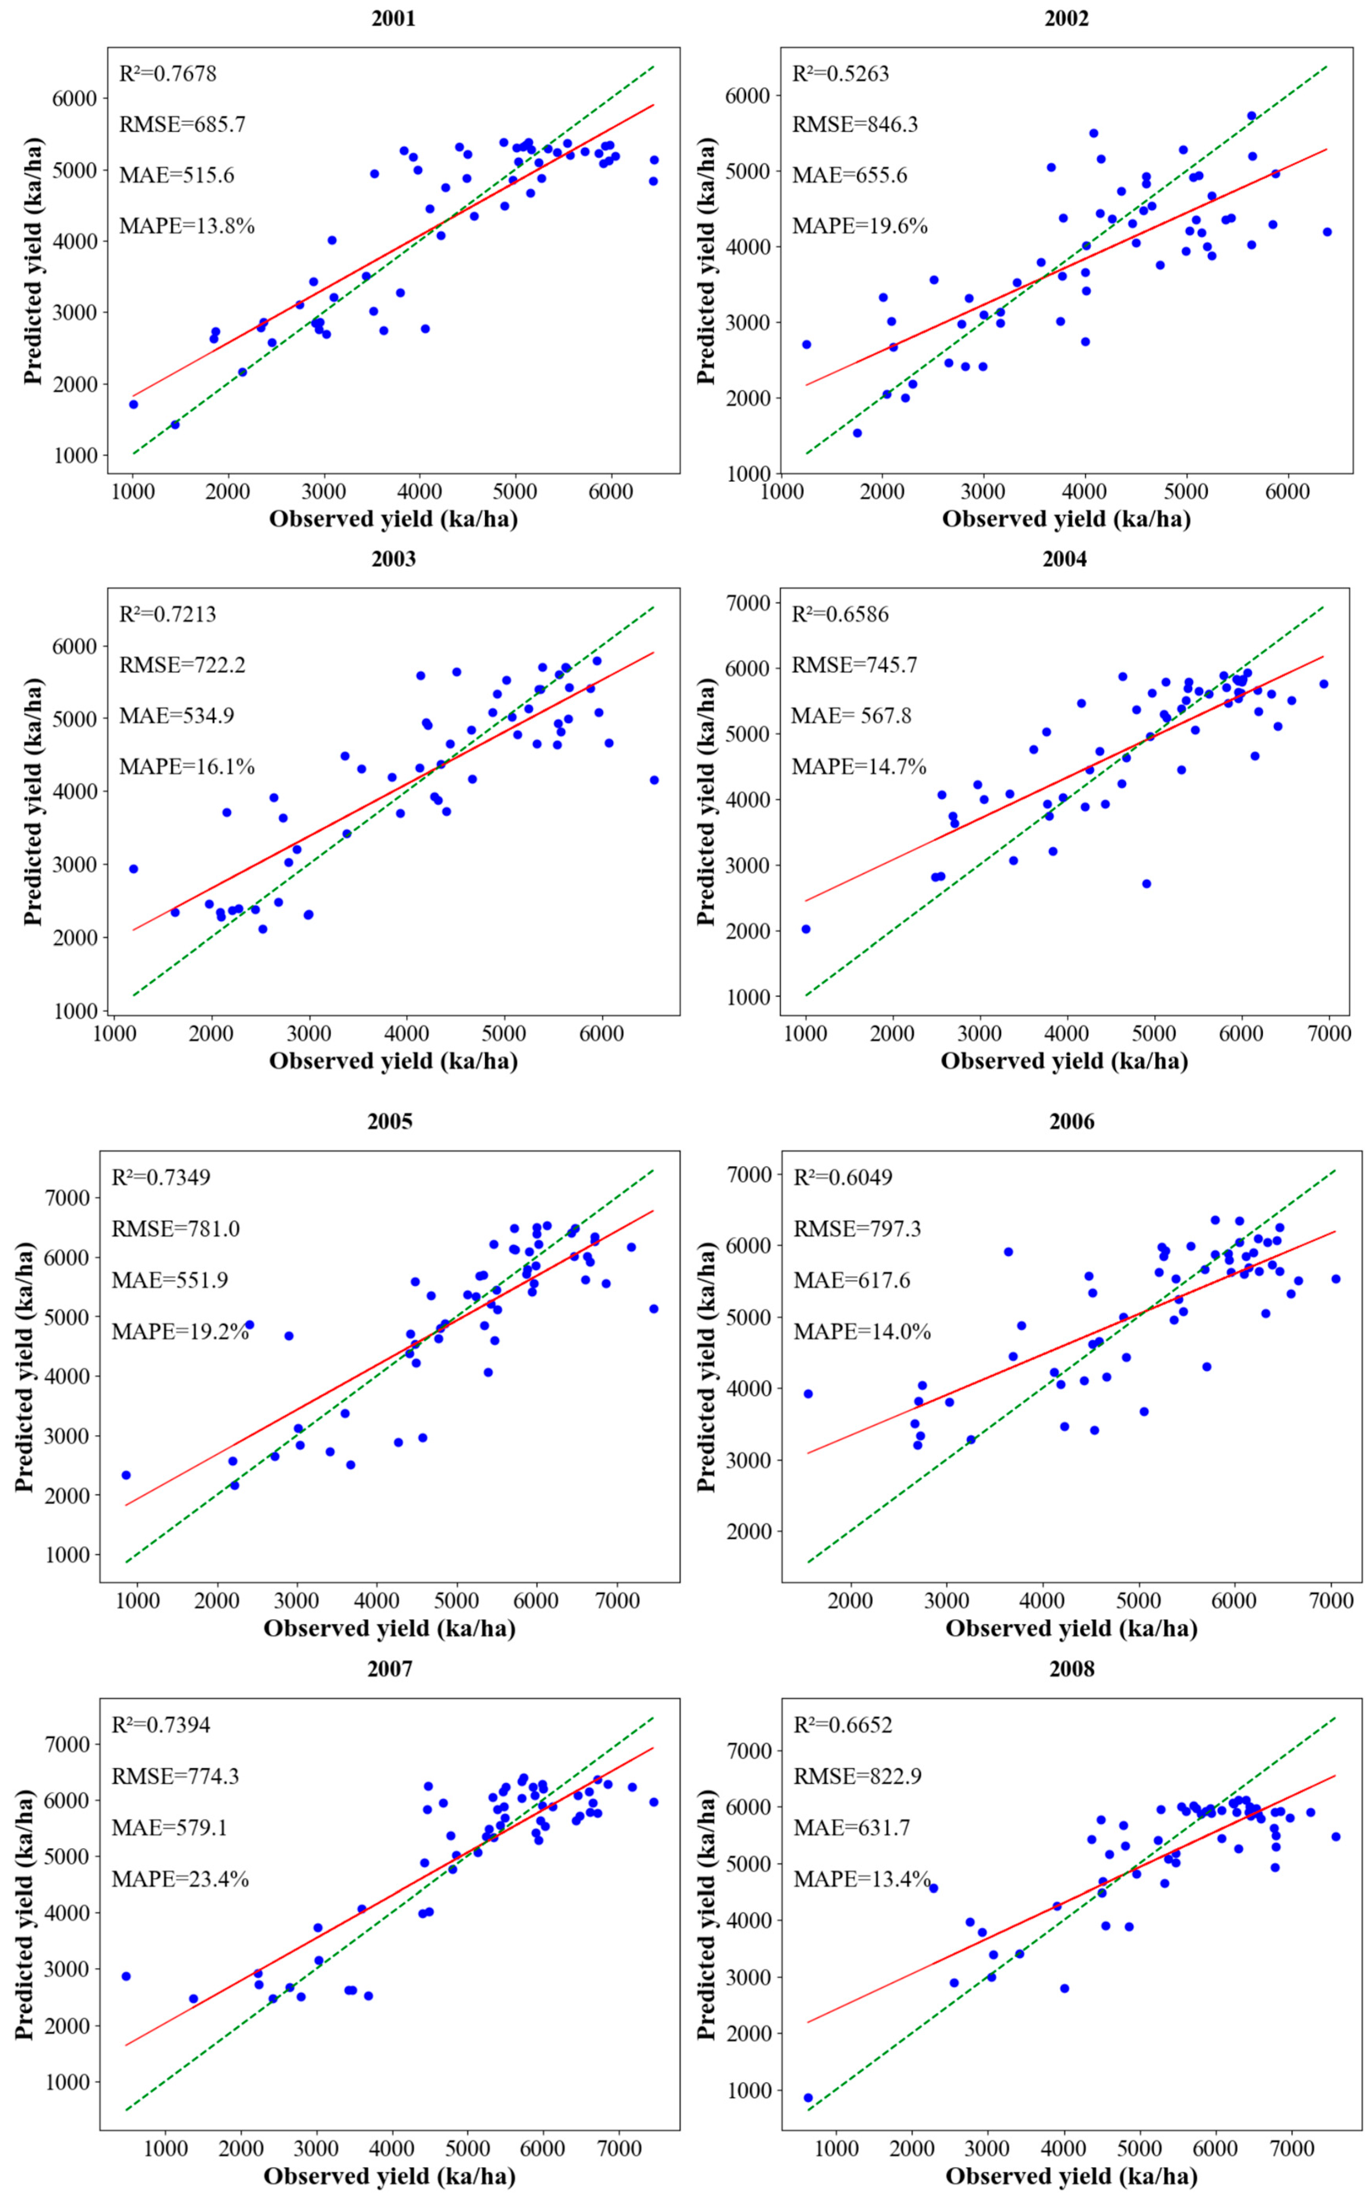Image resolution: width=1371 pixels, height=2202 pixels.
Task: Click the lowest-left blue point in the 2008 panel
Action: (x=808, y=2098)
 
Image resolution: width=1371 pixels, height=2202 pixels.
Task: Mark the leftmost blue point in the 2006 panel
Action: (x=808, y=1394)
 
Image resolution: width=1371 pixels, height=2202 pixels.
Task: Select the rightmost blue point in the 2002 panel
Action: (x=1327, y=232)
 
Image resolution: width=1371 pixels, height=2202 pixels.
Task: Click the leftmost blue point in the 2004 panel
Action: (x=805, y=929)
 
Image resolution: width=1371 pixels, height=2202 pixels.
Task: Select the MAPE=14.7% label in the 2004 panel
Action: (x=859, y=767)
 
